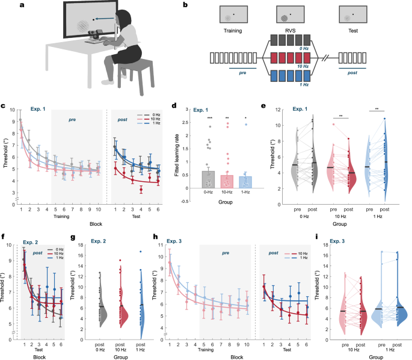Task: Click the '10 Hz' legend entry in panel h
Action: click(302, 240)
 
